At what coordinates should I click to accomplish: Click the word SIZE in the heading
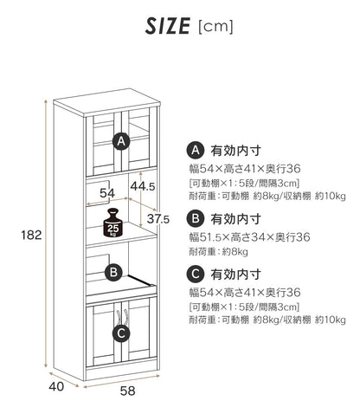(x=168, y=26)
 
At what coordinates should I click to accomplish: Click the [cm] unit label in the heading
(x=215, y=27)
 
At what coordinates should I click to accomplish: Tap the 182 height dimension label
(x=31, y=235)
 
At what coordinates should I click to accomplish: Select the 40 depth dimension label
(x=56, y=386)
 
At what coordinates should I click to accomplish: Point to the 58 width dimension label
(x=127, y=391)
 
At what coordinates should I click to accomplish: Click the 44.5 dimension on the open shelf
(x=143, y=187)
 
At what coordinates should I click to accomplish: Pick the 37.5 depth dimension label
(x=158, y=219)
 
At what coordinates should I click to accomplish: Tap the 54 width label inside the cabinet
(x=107, y=193)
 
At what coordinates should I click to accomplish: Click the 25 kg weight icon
(x=113, y=223)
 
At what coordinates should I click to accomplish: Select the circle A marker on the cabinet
(x=121, y=141)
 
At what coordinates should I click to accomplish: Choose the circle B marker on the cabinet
(x=113, y=272)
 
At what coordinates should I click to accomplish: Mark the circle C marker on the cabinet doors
(x=121, y=333)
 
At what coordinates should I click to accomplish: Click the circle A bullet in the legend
(x=196, y=150)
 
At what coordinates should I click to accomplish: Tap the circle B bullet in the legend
(x=196, y=218)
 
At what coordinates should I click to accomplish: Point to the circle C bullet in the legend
(x=196, y=274)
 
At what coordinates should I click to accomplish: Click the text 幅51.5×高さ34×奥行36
(x=249, y=237)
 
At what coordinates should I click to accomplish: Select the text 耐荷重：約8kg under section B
(x=218, y=252)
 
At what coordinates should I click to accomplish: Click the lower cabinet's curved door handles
(x=122, y=316)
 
